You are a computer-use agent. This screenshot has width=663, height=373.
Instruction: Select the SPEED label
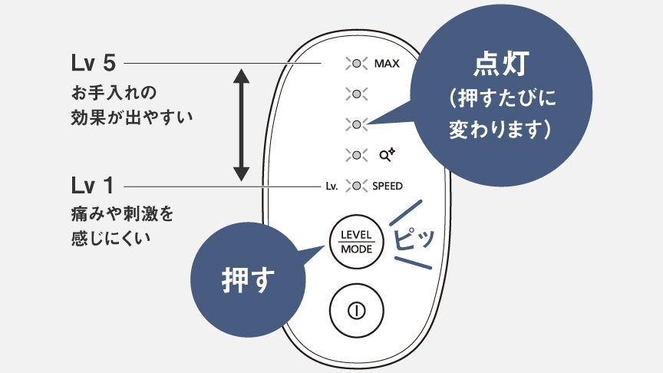click(x=388, y=186)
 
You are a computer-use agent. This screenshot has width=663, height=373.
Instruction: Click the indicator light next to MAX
click(x=356, y=63)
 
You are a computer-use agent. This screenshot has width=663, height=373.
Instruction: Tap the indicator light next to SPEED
click(x=356, y=186)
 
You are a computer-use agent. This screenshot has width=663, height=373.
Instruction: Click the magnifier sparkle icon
click(x=386, y=154)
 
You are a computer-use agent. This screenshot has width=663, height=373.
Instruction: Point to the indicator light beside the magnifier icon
click(x=356, y=154)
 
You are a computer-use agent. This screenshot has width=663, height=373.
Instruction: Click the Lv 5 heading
click(x=93, y=62)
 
